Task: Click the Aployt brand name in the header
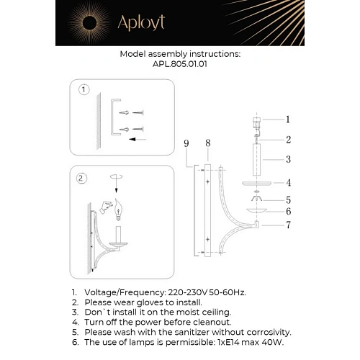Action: pyautogui.click(x=141, y=23)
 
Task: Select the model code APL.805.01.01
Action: pyautogui.click(x=180, y=63)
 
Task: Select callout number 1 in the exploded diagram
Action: pyautogui.click(x=287, y=120)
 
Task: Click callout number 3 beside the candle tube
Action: pyautogui.click(x=287, y=159)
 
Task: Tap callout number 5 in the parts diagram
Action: pyautogui.click(x=287, y=199)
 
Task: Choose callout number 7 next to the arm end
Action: pyautogui.click(x=287, y=225)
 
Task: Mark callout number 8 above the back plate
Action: pyautogui.click(x=207, y=143)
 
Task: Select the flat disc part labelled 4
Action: pyautogui.click(x=256, y=183)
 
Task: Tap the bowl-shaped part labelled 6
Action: pyautogui.click(x=256, y=211)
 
